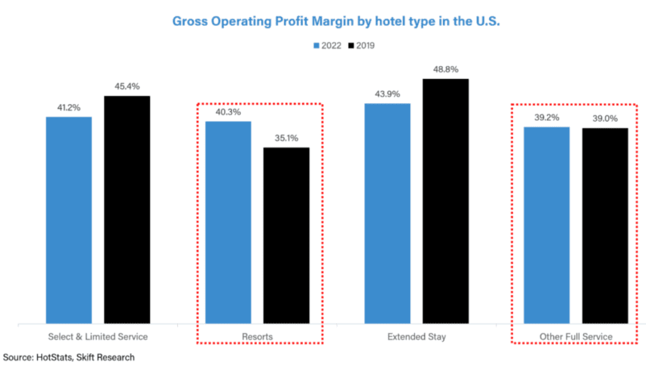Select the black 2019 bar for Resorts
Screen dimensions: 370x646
286,236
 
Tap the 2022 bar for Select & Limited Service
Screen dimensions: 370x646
69,220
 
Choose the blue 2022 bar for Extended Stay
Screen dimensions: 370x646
387,214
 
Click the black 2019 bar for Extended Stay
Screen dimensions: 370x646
445,202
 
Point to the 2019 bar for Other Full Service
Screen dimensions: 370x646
605,226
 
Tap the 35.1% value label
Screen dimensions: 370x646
286,138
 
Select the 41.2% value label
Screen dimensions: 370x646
69,108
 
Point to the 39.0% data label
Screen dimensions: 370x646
605,119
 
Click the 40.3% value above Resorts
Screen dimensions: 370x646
228,112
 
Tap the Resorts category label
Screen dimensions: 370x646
257,337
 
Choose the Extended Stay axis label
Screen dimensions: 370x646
416,337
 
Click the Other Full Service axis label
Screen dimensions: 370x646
575,337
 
